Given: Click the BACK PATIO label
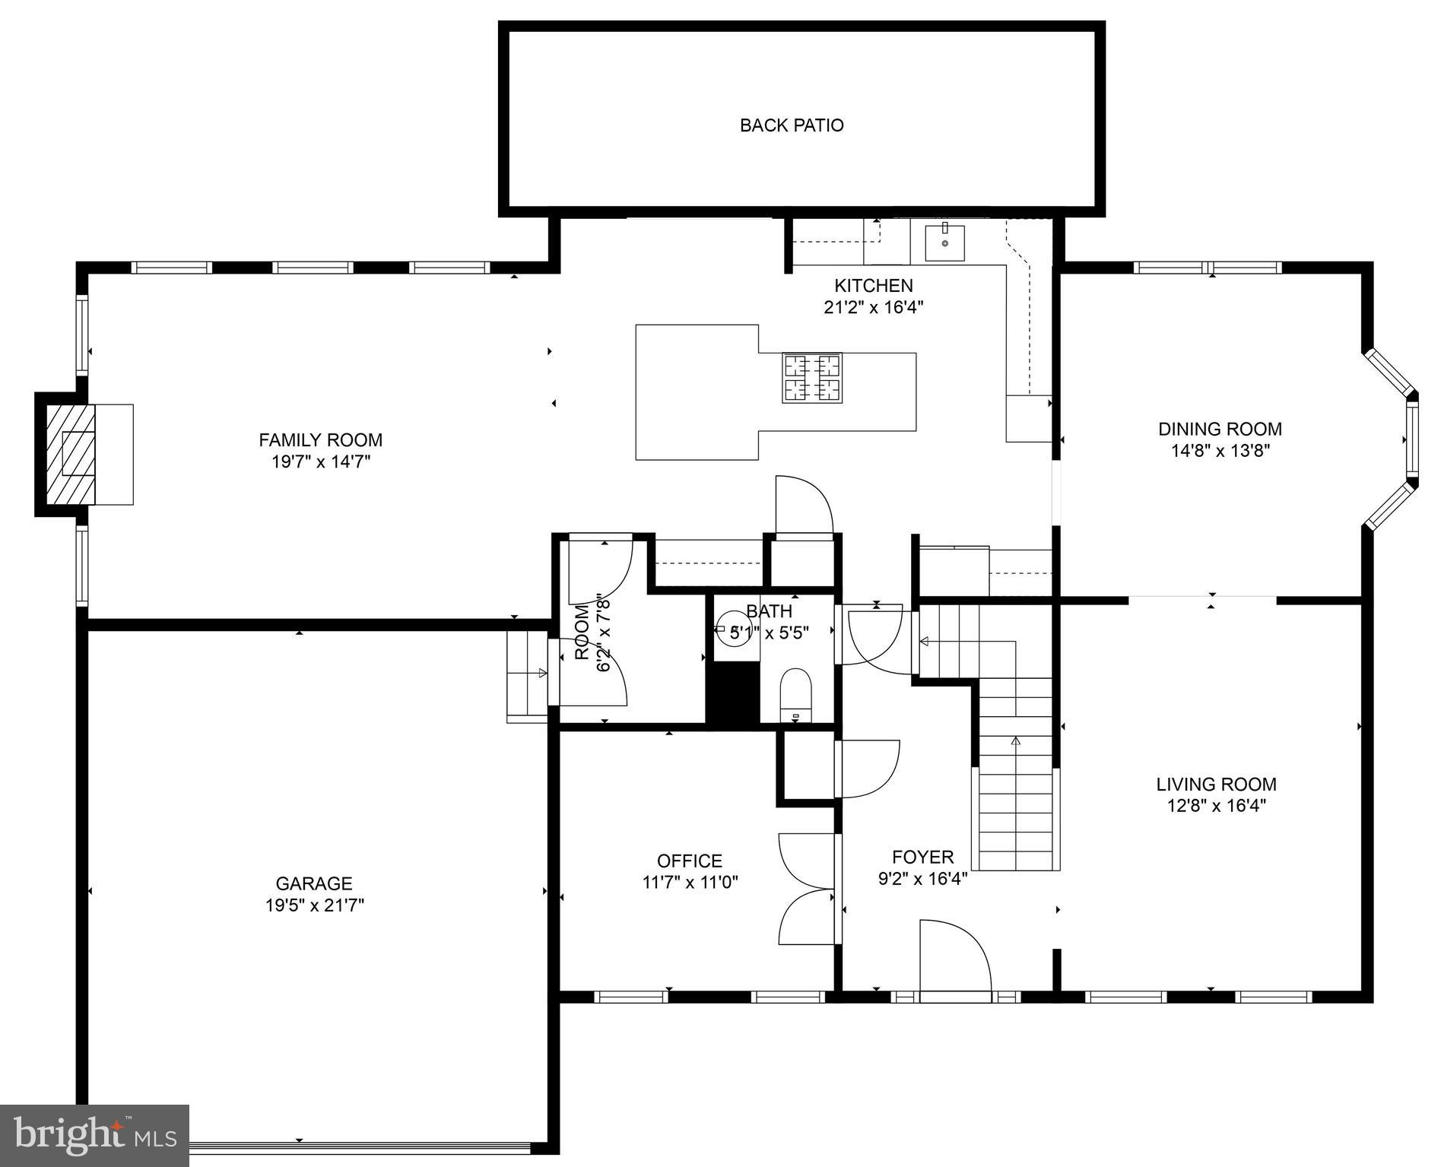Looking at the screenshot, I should click(x=792, y=125).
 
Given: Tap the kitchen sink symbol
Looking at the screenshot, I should click(x=944, y=243).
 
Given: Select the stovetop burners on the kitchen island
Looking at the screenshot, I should click(x=812, y=378).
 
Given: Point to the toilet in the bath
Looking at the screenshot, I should click(x=796, y=693).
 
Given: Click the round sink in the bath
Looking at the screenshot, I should click(x=735, y=629).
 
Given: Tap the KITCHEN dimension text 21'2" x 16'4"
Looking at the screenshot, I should click(x=873, y=307).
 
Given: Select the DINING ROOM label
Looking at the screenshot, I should click(x=1220, y=429).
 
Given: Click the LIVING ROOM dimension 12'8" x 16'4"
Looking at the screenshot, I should click(x=1216, y=806).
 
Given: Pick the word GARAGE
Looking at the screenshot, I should click(x=314, y=883).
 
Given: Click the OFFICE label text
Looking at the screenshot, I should click(x=690, y=861).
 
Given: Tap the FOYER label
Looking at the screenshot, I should click(x=922, y=858).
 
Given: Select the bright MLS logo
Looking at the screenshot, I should click(x=94, y=1135).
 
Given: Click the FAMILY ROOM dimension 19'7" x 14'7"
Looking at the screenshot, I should click(x=321, y=461).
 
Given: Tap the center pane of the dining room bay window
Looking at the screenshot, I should click(x=1412, y=439).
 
